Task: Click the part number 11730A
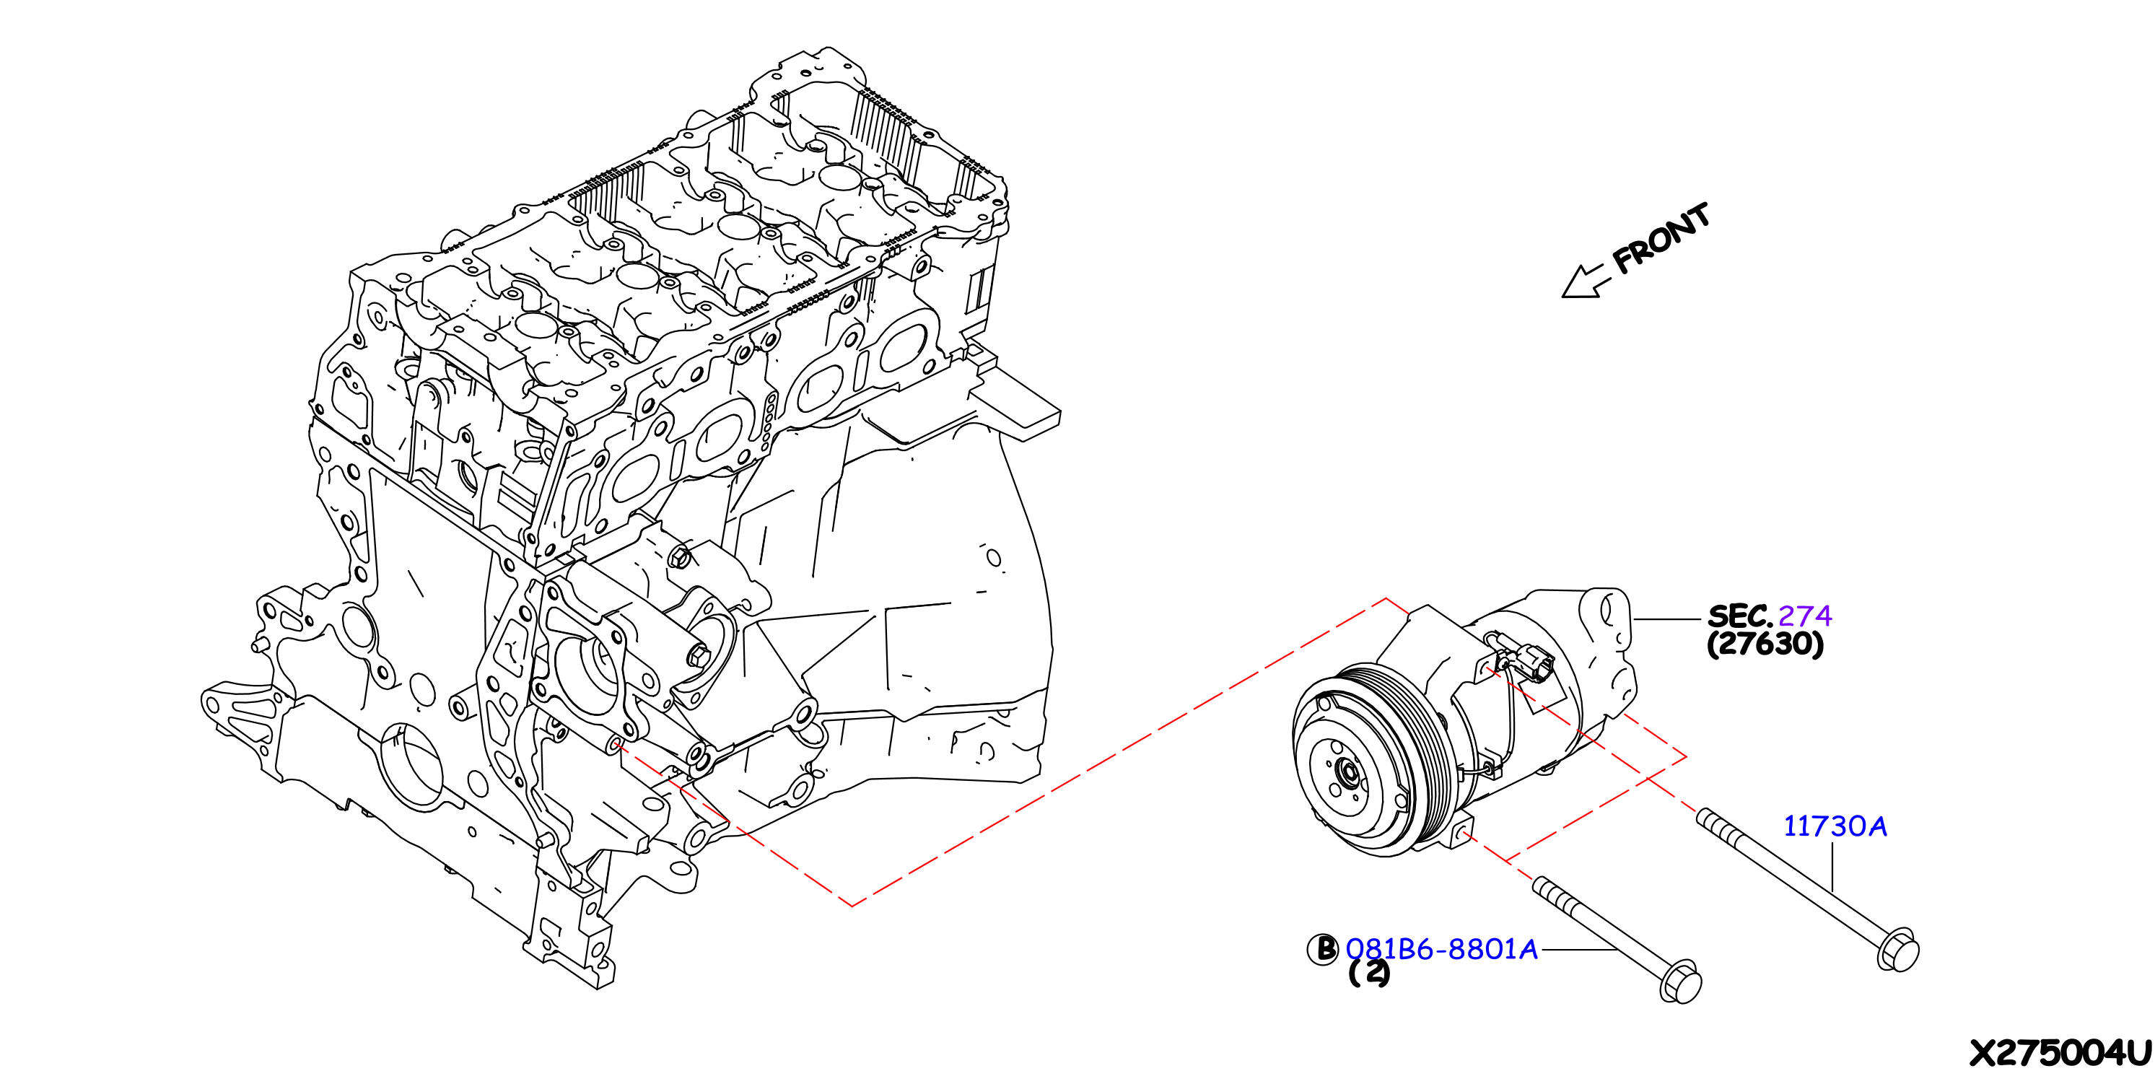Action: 1835,826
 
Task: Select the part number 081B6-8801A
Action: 1441,949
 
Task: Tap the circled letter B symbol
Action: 1323,949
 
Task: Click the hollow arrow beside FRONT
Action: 1583,280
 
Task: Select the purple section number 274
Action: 1804,616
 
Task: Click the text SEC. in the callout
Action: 1740,616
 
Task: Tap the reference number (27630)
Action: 1765,644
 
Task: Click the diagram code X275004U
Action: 2060,1052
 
